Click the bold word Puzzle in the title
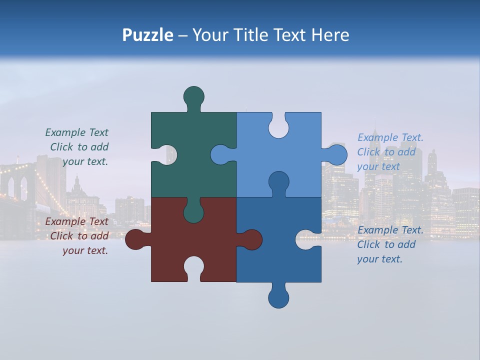coord(147,35)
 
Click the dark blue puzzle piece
coord(280,250)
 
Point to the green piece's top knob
coord(193,96)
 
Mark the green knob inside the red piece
coord(193,212)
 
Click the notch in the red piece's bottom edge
coord(193,267)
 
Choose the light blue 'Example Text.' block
coord(390,151)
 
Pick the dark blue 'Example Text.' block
coord(390,244)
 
